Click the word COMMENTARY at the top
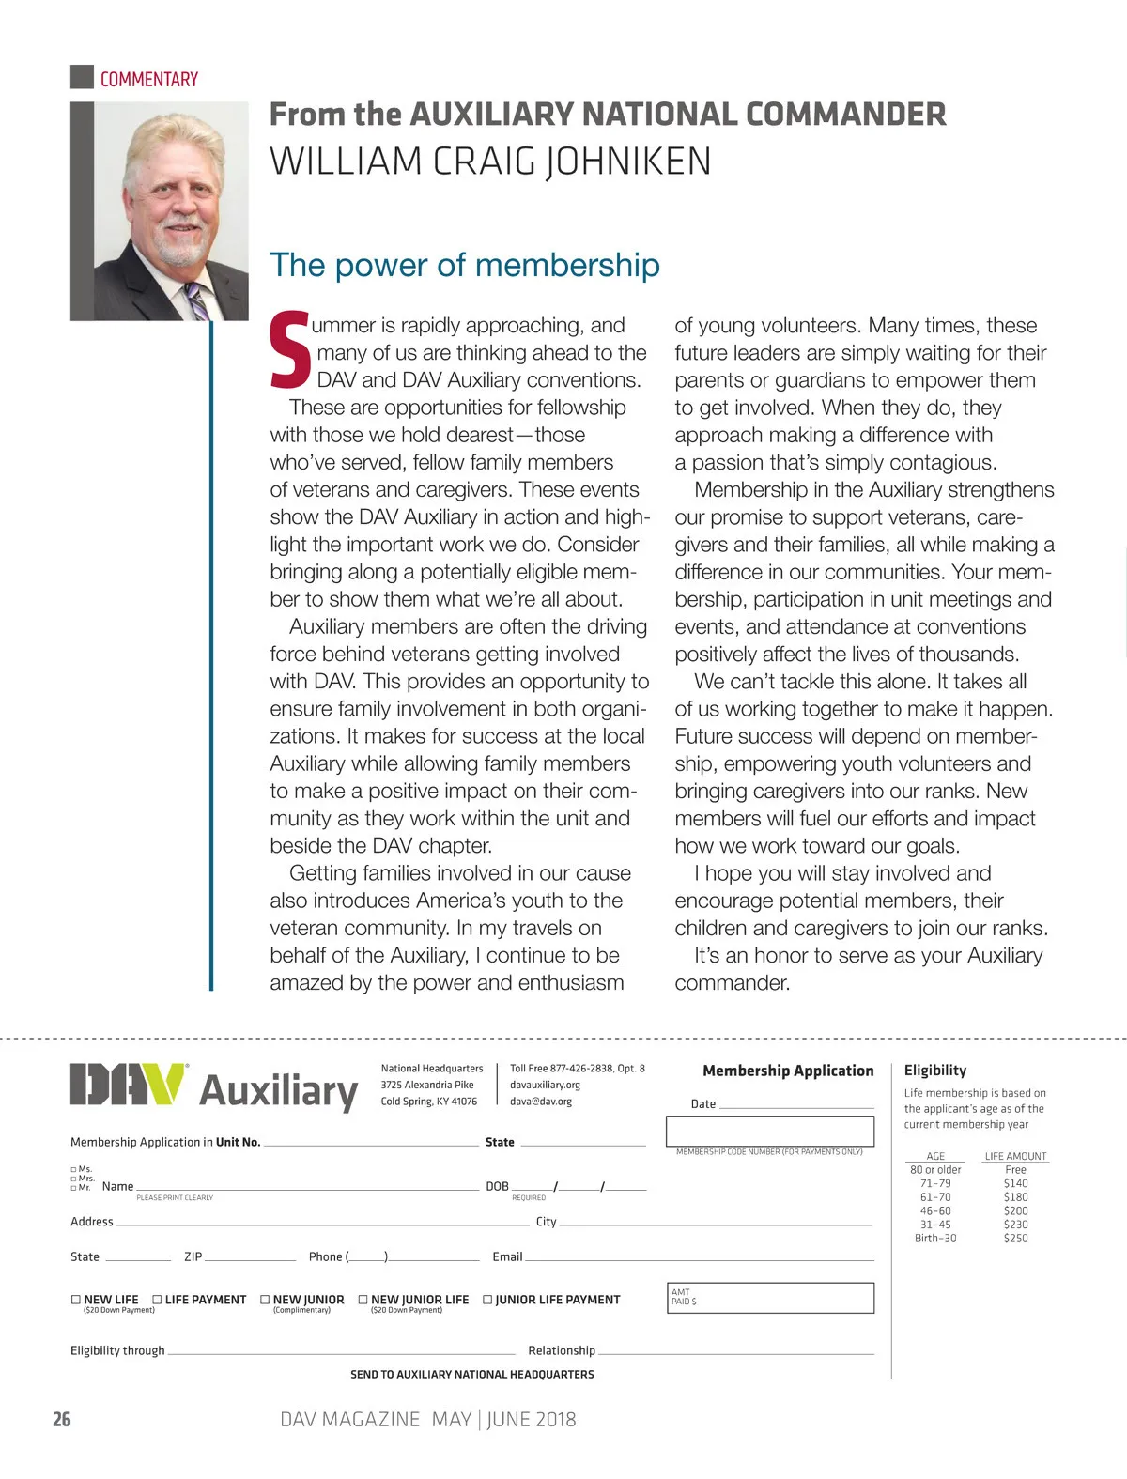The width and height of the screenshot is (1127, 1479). tap(148, 80)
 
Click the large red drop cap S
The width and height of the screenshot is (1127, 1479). tap(290, 350)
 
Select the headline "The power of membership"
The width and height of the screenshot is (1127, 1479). tap(464, 265)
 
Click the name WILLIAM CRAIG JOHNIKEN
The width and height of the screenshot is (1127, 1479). tap(490, 162)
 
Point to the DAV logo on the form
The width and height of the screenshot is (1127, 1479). tap(127, 1085)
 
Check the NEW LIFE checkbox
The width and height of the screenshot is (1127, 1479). tap(76, 1300)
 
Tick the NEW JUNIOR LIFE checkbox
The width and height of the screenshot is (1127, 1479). tap(363, 1300)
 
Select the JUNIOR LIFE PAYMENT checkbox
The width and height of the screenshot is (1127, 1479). tap(487, 1300)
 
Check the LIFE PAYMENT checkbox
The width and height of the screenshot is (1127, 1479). tap(157, 1300)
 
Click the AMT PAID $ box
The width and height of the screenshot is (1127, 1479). tap(770, 1298)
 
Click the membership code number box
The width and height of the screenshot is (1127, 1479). tap(770, 1131)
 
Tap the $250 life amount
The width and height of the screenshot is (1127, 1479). tap(1015, 1239)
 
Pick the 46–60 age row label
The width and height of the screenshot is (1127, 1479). tap(935, 1211)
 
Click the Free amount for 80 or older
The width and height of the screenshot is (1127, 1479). tap(1015, 1170)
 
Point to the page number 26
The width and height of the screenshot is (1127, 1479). tap(62, 1419)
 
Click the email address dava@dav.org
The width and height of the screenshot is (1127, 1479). tap(541, 1102)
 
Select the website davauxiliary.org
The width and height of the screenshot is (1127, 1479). tap(545, 1085)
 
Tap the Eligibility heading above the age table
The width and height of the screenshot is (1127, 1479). tap(934, 1071)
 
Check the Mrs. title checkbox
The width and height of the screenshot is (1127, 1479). tap(73, 1179)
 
